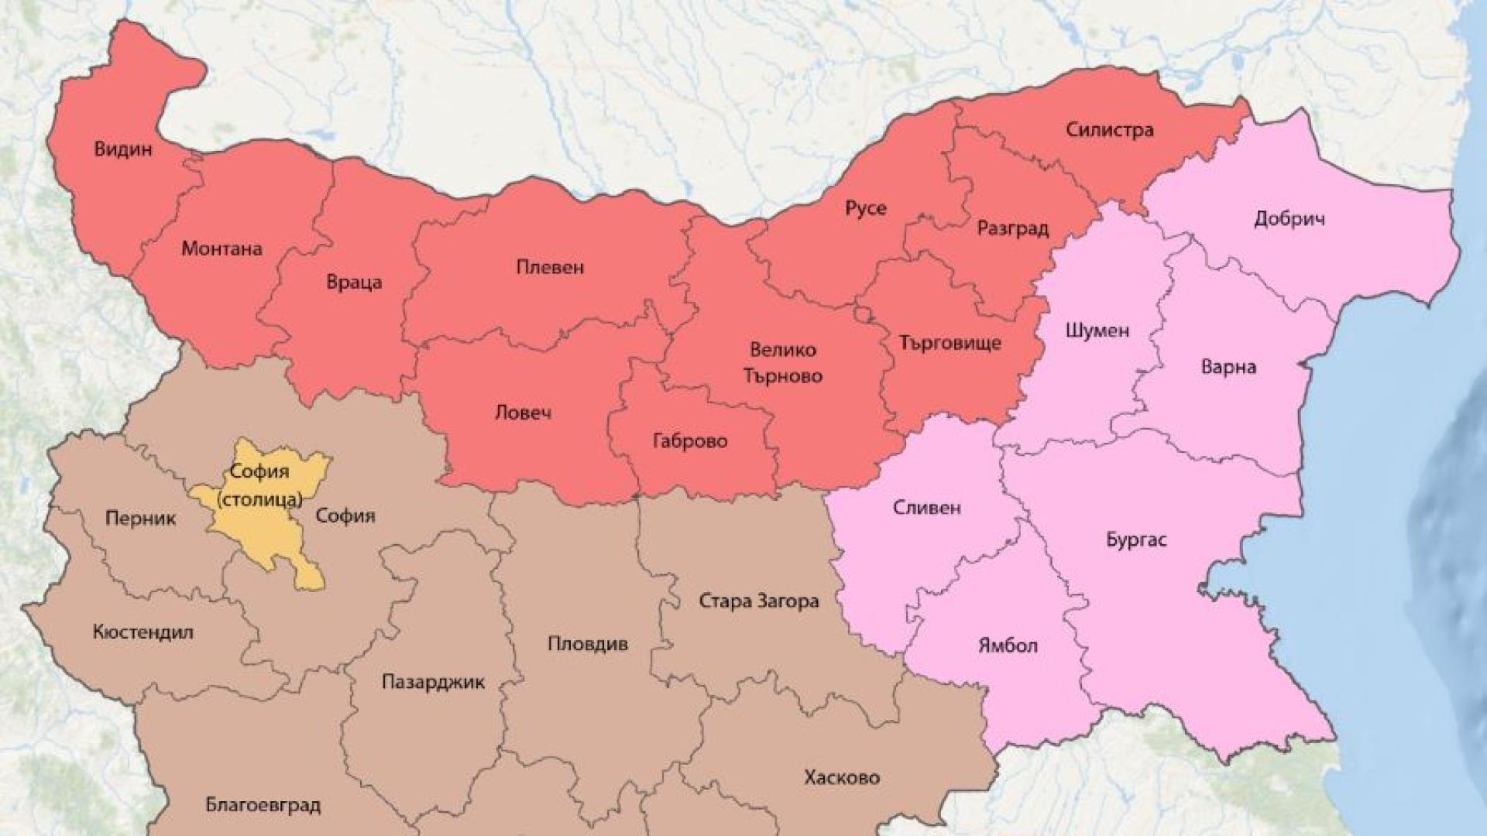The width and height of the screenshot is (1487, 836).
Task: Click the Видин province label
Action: (x=123, y=149)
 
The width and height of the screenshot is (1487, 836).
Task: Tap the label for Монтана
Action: (x=222, y=248)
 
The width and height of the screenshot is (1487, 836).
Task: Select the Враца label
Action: (x=354, y=282)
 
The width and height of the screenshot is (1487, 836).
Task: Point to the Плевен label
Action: (x=550, y=268)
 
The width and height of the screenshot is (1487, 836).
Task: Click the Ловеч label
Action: (x=523, y=412)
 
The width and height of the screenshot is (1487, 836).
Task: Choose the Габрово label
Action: (x=690, y=441)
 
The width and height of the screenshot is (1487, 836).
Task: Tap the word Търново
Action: (x=783, y=376)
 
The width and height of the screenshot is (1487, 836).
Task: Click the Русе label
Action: (x=865, y=208)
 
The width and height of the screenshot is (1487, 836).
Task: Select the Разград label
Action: (x=1012, y=228)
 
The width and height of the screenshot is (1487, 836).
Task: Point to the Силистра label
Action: (x=1109, y=129)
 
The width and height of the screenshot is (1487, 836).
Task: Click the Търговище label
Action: (x=950, y=342)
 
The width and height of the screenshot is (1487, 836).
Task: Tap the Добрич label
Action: (x=1289, y=219)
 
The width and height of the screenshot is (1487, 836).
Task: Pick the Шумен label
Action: (x=1097, y=331)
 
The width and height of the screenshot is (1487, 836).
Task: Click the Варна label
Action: (x=1228, y=366)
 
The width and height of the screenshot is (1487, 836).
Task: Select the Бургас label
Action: (x=1135, y=540)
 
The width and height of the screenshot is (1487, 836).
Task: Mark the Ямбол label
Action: (x=1007, y=646)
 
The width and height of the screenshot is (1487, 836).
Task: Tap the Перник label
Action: (x=140, y=518)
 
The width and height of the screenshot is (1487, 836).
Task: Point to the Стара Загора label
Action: (x=758, y=601)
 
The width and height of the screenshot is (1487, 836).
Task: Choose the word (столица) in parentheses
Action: (x=260, y=499)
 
